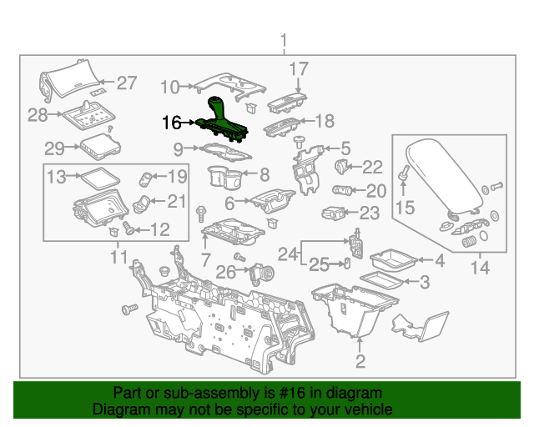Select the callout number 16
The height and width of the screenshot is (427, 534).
pos(171,123)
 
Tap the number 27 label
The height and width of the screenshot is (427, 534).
pos(126,83)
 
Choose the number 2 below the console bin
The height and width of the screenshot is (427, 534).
pos(360,361)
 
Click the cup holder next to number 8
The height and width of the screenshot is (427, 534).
pos(225,177)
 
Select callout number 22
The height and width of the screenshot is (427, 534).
pos(372,167)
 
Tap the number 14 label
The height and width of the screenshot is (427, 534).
pos(481,269)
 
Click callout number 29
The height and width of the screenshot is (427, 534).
pos(54,148)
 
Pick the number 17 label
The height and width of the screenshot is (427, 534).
pos(299,68)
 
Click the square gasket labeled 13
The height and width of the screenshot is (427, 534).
pos(98,176)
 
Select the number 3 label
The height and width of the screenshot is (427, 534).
pos(424,283)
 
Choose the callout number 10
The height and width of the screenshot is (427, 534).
pos(169,87)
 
